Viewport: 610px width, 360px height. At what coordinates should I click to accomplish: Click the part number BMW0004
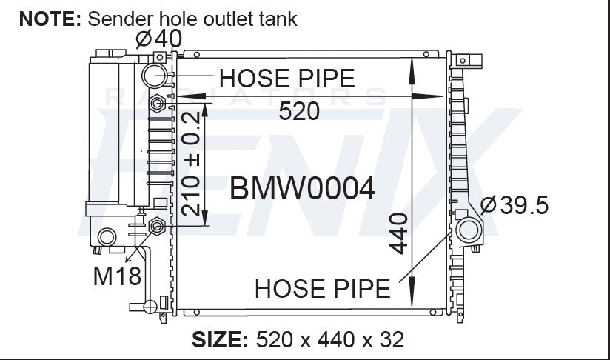click(302, 189)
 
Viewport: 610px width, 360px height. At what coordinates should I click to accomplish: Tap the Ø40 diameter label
click(159, 39)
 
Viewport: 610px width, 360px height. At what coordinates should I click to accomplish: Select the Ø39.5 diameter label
click(515, 205)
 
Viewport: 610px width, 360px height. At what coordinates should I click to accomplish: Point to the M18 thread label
click(117, 276)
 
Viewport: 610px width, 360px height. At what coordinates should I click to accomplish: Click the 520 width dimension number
click(299, 111)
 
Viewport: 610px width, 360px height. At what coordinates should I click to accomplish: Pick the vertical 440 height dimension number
click(399, 233)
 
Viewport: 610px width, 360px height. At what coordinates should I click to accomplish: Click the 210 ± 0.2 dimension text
click(191, 164)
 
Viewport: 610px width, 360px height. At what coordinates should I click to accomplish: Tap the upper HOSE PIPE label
click(287, 79)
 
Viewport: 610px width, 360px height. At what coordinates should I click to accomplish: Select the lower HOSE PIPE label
click(323, 289)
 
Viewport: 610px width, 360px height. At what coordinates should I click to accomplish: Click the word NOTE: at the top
click(50, 19)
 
